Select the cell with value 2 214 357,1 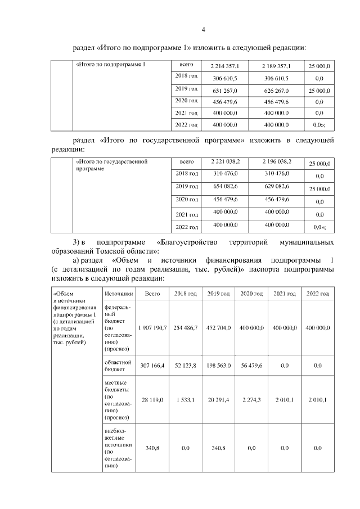224,66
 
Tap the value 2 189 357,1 276,66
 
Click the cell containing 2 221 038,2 224,162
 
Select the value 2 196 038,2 276,162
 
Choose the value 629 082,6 276,186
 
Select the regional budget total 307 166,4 152,366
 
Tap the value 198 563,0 219,366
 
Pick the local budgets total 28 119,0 152,400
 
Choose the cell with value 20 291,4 219,400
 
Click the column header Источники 118,294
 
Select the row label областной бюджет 118,366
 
